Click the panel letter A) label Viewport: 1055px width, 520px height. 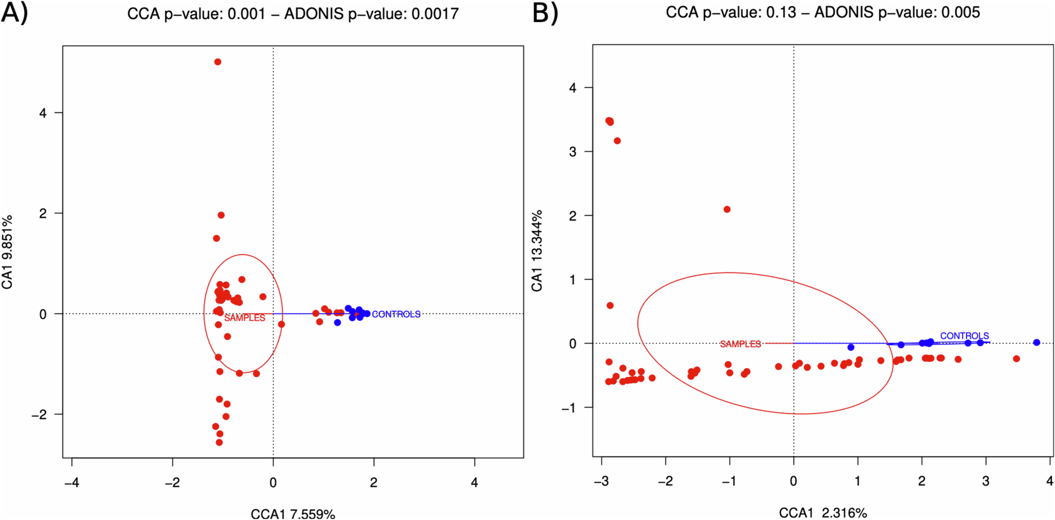coord(14,13)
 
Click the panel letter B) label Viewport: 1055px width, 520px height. coord(545,13)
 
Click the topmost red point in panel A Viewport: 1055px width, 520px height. coord(217,62)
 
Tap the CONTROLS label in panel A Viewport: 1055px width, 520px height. coord(396,314)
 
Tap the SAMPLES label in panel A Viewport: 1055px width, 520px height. coord(244,318)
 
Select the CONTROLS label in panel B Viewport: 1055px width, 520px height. coord(964,336)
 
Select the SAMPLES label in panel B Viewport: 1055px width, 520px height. coord(740,344)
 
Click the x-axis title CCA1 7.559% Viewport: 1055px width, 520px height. coord(293,514)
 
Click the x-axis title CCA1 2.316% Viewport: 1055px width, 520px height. coord(823,513)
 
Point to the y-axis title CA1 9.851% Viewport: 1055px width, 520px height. coord(7,252)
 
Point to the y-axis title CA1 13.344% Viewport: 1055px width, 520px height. coord(537,250)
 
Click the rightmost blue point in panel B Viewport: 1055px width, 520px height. coord(1036,342)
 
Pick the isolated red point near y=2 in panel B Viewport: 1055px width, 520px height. coord(727,209)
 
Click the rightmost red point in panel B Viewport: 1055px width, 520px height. coord(1016,359)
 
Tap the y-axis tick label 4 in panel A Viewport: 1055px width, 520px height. coord(43,113)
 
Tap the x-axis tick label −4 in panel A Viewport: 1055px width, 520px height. coord(71,482)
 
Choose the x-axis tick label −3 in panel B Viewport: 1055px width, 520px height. coord(601,481)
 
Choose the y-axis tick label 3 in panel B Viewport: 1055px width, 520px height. coord(572,152)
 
